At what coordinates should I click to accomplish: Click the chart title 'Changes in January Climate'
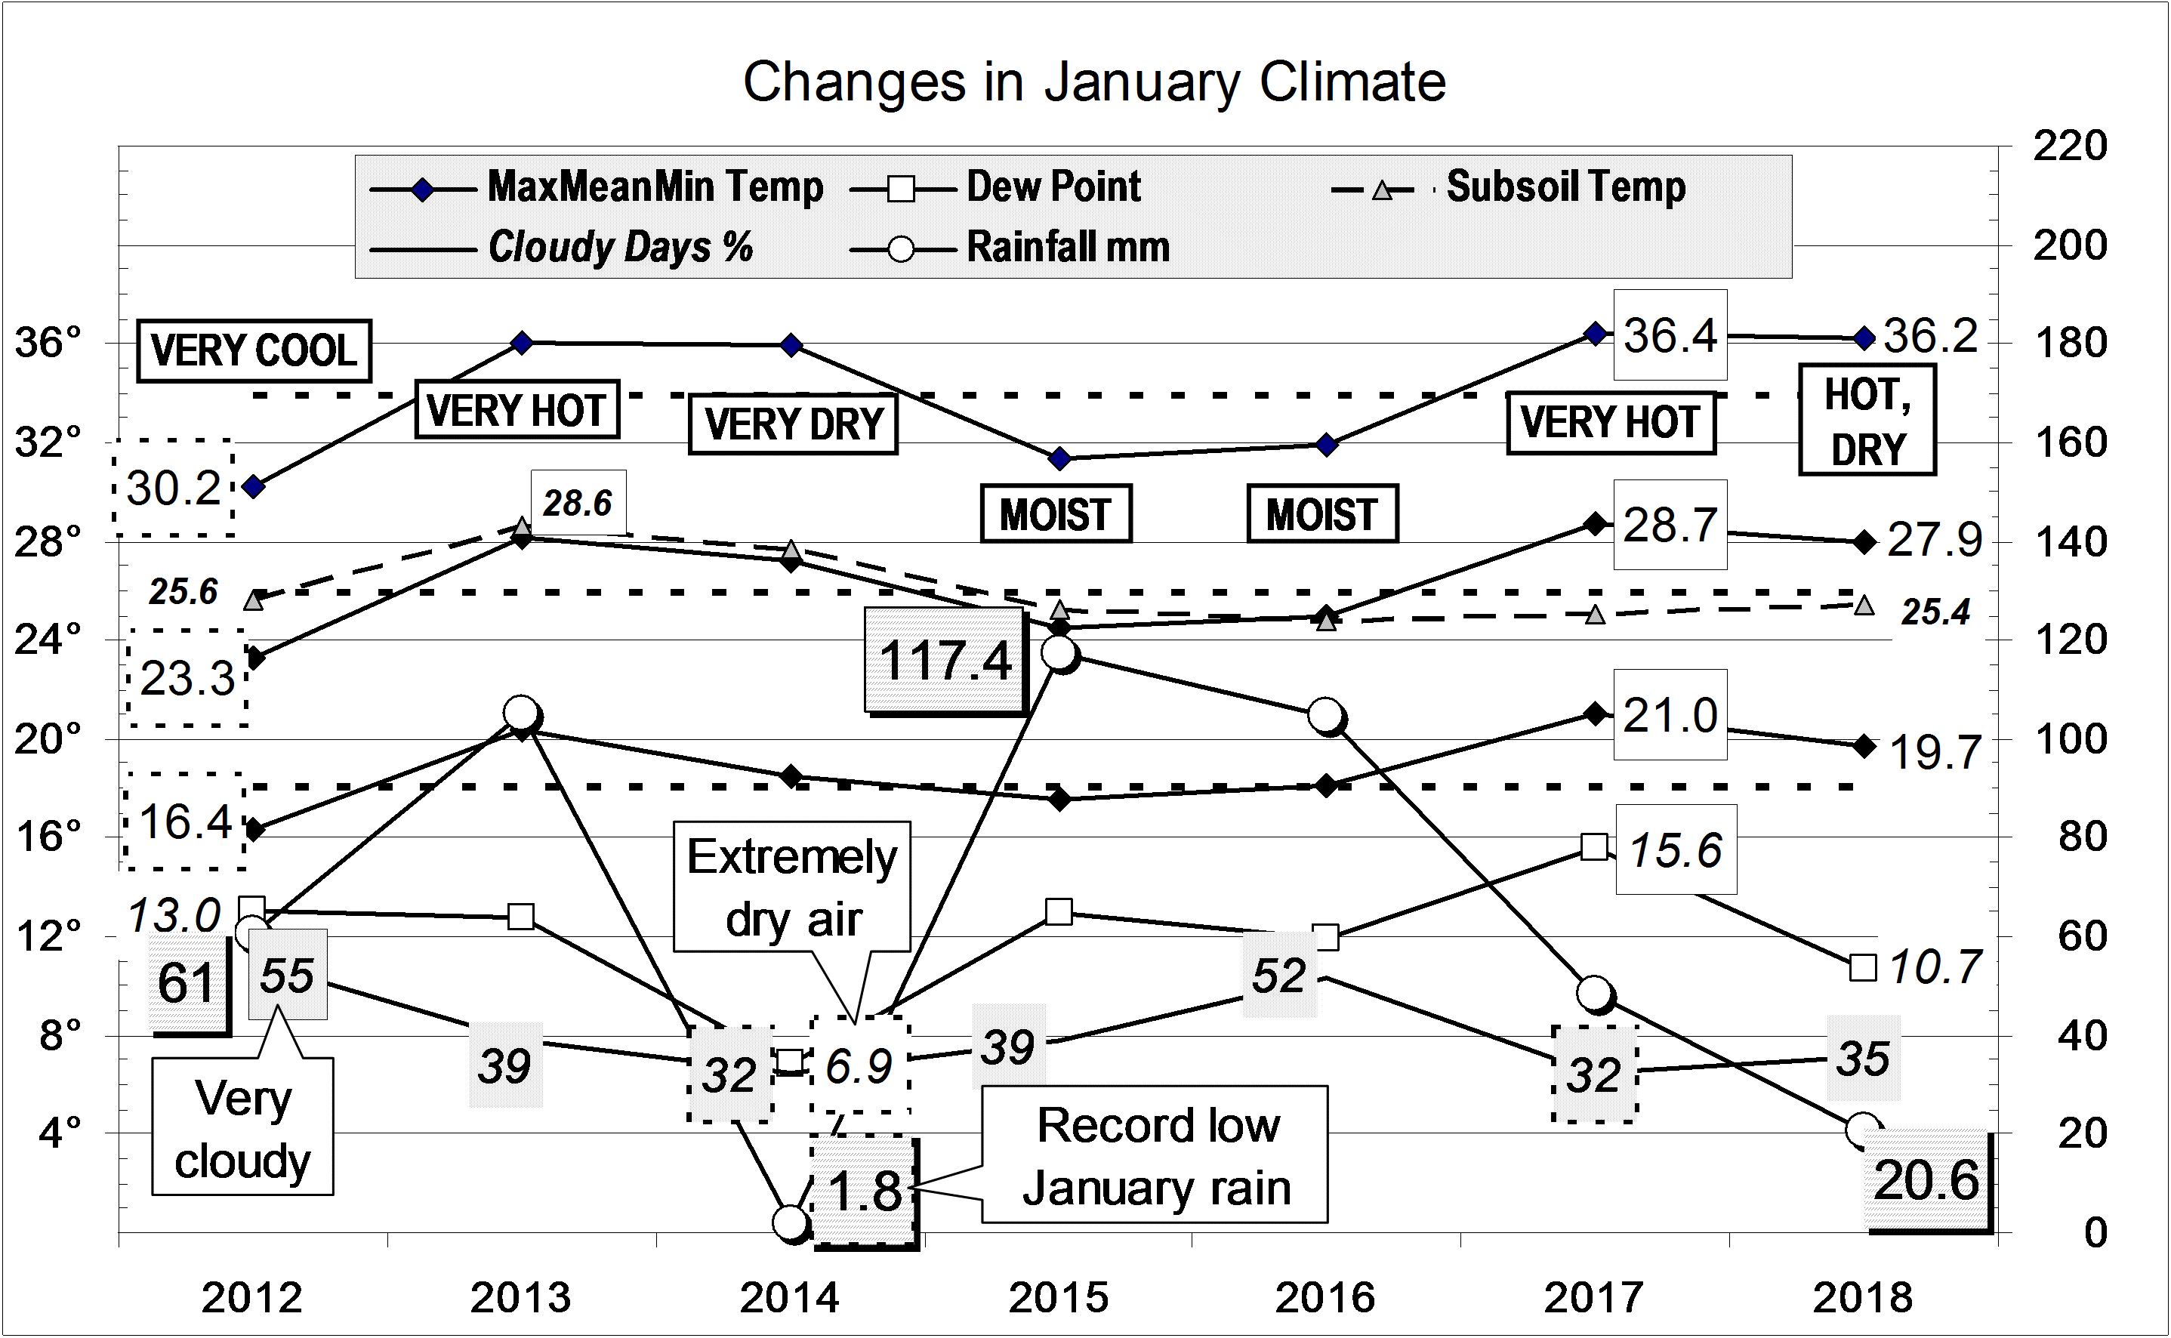coord(1094,82)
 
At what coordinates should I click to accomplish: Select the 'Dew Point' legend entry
coord(1053,187)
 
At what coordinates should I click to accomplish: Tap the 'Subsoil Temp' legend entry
coord(1565,187)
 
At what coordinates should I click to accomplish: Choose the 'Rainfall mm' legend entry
coord(1067,248)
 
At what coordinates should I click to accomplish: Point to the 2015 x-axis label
coord(1059,1298)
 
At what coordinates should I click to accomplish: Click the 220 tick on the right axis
coord(2069,146)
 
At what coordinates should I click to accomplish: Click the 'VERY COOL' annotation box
coord(254,350)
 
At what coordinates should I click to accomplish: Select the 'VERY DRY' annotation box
coord(793,425)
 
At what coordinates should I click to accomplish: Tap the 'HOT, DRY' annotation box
coord(1867,421)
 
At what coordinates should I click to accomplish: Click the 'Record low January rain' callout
coord(1155,1156)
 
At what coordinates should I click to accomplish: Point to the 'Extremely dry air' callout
coord(792,887)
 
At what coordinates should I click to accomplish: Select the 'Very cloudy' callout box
coord(242,1127)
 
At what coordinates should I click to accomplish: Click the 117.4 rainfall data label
coord(945,660)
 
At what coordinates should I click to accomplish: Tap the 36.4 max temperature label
coord(1670,335)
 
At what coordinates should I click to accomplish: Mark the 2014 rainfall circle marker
coord(791,1222)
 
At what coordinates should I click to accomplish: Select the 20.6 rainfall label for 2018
coord(1926,1180)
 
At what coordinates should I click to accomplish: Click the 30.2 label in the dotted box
coord(174,488)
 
